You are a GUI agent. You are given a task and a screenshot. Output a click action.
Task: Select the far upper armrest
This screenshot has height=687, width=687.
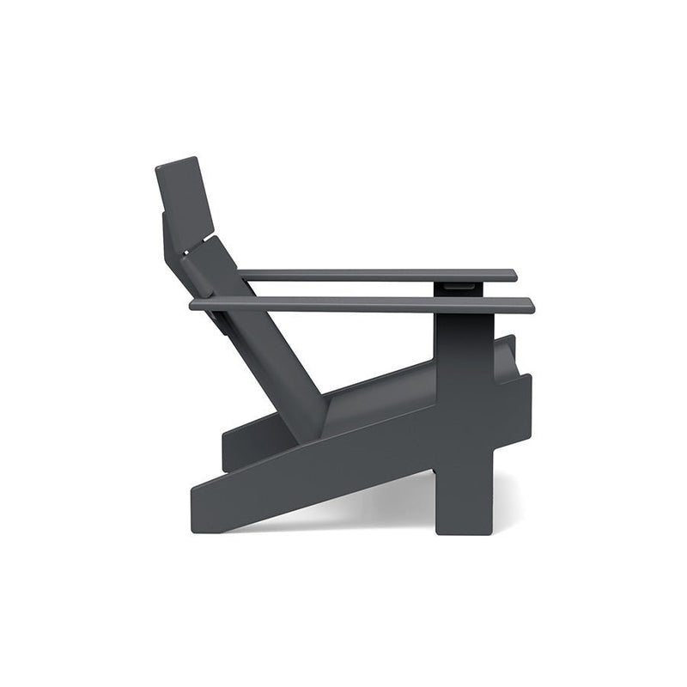tap(378, 275)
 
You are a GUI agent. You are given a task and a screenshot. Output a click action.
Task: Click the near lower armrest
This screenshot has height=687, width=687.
tap(361, 304)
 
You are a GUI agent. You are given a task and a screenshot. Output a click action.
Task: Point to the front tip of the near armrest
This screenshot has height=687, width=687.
tap(530, 305)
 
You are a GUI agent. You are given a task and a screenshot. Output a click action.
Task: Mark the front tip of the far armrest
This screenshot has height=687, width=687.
tap(514, 275)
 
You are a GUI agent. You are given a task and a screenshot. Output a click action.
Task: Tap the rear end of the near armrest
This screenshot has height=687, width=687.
tap(194, 303)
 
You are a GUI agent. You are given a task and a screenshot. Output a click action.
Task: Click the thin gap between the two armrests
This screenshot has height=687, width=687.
tap(343, 289)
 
